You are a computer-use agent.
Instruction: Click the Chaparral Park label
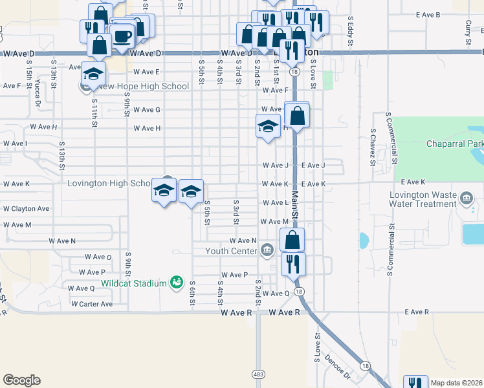tap(451, 144)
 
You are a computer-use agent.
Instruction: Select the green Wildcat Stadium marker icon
tap(176, 282)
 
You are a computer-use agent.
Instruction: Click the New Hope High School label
tap(144, 87)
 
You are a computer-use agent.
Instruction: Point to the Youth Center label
tap(232, 251)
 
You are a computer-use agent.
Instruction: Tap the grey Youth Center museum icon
tap(267, 250)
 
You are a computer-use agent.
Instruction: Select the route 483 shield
tap(259, 374)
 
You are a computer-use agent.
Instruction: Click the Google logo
tap(21, 380)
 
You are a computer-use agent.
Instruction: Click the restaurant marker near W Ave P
tap(293, 264)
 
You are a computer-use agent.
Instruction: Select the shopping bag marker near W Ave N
tap(292, 240)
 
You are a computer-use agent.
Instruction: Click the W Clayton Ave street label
tap(27, 209)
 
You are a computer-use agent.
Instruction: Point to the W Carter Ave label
tap(92, 304)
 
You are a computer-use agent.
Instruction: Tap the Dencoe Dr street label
tap(337, 366)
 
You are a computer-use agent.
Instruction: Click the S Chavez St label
tap(373, 146)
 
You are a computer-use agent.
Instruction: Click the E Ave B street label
tap(428, 14)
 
